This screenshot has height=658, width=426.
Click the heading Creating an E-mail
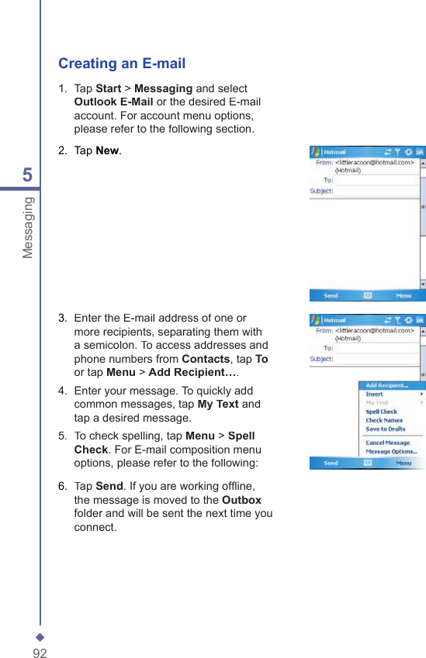click(x=122, y=64)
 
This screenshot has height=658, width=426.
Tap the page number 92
click(x=40, y=653)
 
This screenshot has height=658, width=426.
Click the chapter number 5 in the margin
click(x=28, y=176)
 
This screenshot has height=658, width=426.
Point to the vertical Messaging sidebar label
click(x=28, y=227)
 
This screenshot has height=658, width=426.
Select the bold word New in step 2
click(x=108, y=150)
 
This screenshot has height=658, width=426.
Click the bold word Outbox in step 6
click(x=241, y=500)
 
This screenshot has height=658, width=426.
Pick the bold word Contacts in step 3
click(x=206, y=359)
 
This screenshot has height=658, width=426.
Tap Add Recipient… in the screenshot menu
click(x=386, y=385)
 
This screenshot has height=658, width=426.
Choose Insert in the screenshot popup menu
click(x=375, y=394)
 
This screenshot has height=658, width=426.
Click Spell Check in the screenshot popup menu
click(x=381, y=412)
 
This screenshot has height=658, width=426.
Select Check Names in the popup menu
click(x=384, y=420)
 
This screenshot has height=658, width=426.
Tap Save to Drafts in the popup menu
click(x=386, y=429)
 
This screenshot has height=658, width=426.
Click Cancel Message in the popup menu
click(x=387, y=443)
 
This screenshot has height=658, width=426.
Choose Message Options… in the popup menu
click(x=391, y=451)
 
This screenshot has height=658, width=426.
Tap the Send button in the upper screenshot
click(x=331, y=295)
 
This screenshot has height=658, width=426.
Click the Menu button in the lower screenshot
click(x=403, y=463)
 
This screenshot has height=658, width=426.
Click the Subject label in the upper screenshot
click(x=321, y=191)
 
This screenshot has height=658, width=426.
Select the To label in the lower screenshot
click(x=327, y=348)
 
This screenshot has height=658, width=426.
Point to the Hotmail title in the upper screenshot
click(x=334, y=152)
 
